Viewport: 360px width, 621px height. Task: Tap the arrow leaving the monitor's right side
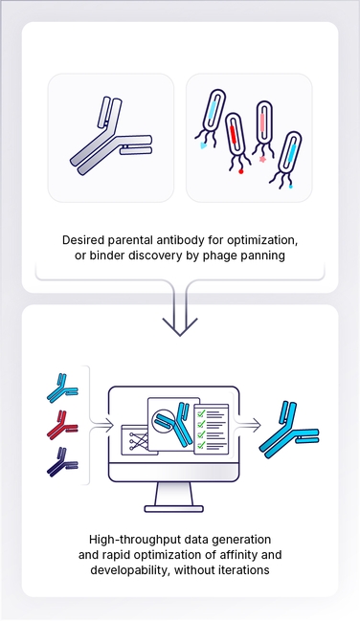point(251,421)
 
